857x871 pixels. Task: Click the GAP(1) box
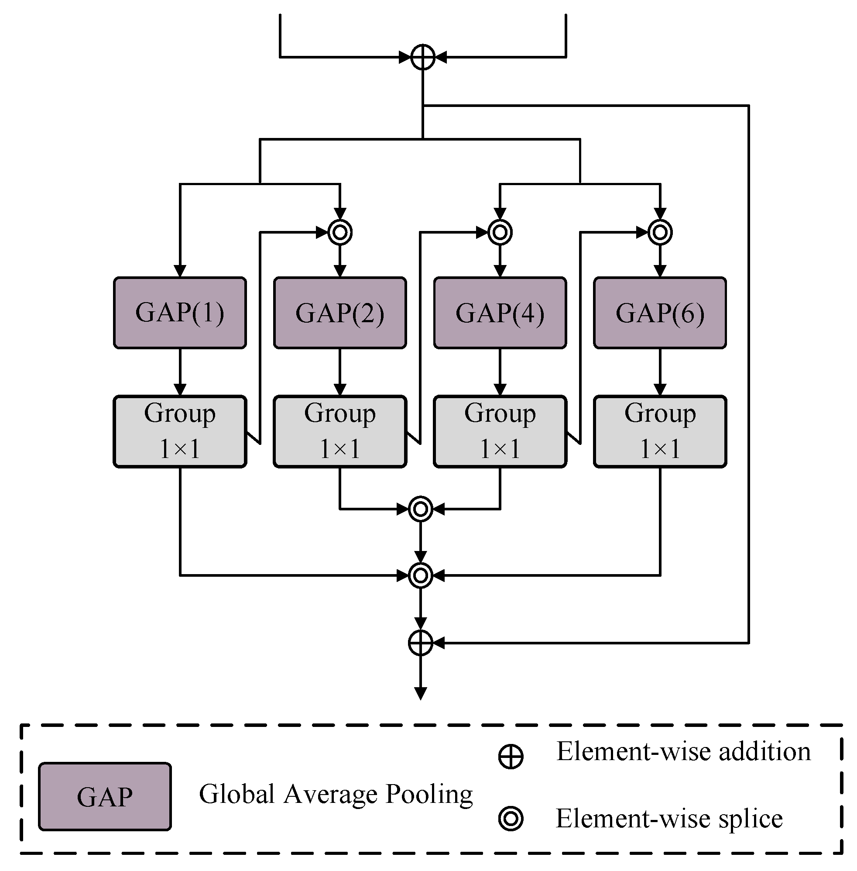click(180, 313)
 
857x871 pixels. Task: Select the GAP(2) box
click(340, 313)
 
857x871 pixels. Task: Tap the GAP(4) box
click(500, 313)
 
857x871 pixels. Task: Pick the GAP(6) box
click(660, 313)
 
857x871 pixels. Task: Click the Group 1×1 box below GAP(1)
click(180, 431)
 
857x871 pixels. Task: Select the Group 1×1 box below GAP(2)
click(340, 431)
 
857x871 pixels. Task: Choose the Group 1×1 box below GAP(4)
click(500, 431)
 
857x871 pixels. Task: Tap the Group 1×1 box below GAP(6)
click(660, 431)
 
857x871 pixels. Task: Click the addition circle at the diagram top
click(423, 57)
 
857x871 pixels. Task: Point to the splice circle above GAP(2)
click(340, 232)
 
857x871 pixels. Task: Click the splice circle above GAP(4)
click(500, 232)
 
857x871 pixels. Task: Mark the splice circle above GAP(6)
click(660, 232)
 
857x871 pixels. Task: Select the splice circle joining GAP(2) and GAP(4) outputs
click(420, 509)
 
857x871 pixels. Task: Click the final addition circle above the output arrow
click(420, 643)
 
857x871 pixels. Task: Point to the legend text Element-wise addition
click(683, 751)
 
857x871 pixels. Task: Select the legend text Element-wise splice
click(669, 818)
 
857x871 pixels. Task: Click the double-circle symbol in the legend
click(511, 818)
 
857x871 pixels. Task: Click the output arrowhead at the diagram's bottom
click(420, 694)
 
